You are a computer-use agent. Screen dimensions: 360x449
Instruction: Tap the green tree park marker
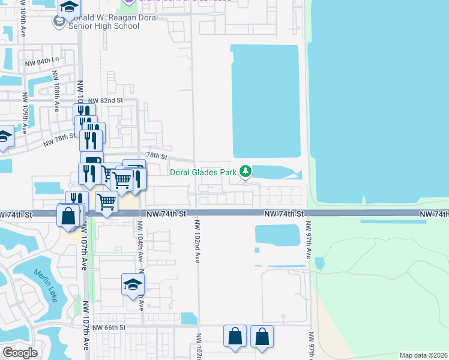pyautogui.click(x=246, y=172)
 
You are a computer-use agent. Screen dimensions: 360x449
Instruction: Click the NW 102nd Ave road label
pyautogui.click(x=196, y=240)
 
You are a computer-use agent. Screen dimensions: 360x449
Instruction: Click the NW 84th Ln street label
pyautogui.click(x=42, y=61)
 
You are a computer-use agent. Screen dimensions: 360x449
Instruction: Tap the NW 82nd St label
pyautogui.click(x=106, y=101)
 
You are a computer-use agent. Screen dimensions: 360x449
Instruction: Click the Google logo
pyautogui.click(x=20, y=352)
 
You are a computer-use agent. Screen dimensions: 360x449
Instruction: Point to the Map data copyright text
pyautogui.click(x=424, y=355)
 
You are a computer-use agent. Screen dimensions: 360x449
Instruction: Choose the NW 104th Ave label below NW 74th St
pyautogui.click(x=140, y=241)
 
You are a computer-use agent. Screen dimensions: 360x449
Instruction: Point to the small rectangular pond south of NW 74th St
pyautogui.click(x=277, y=235)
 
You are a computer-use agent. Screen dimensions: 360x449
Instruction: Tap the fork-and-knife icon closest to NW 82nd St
pyautogui.click(x=85, y=112)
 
